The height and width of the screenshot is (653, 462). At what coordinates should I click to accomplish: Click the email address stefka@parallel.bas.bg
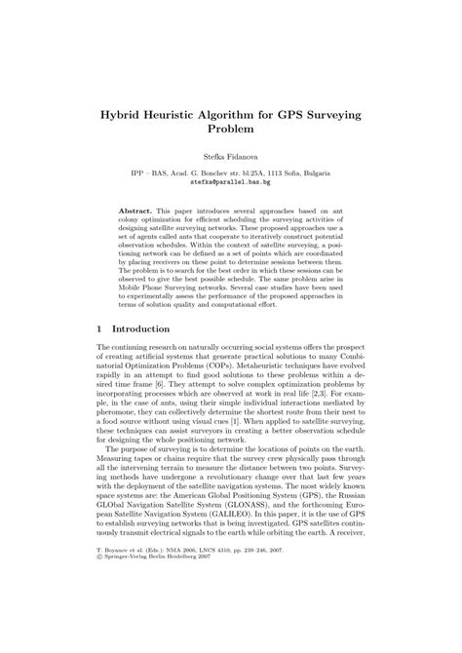coord(230,181)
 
